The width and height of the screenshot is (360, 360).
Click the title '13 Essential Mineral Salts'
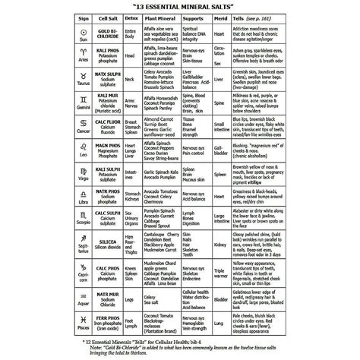tap(180, 12)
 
